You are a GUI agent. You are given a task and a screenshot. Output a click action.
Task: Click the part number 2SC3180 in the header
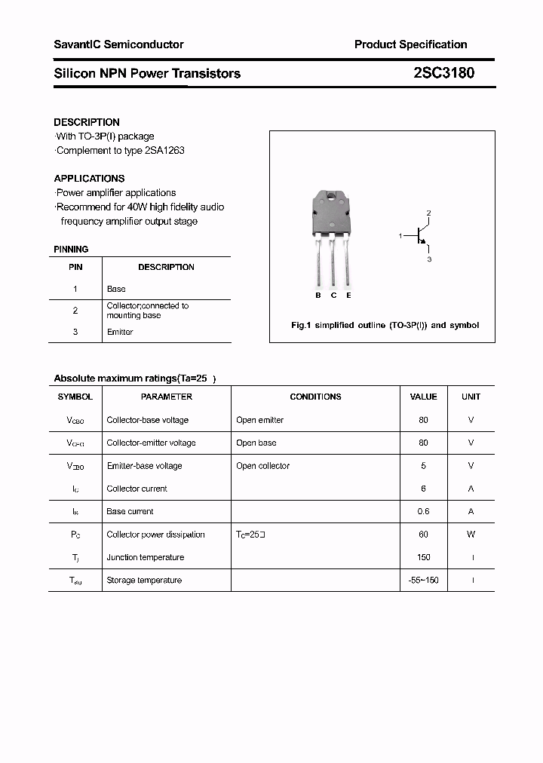tap(443, 73)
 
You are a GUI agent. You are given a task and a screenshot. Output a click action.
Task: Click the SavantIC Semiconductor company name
tap(118, 44)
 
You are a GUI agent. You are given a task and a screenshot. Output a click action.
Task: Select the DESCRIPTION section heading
tap(87, 122)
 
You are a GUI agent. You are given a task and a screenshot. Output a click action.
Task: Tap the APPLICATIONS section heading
tap(89, 179)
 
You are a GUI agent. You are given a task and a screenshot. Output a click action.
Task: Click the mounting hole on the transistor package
tap(333, 199)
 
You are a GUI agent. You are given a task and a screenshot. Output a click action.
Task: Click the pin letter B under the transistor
tap(318, 296)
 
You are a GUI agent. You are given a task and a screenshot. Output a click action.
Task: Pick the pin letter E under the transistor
tap(348, 296)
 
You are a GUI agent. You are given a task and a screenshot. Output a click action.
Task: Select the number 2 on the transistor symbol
tap(428, 213)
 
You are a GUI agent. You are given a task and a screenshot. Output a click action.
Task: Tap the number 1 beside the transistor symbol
tap(400, 237)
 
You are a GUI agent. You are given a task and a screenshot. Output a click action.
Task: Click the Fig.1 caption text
tap(385, 326)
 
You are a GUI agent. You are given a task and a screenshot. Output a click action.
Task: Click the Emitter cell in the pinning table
tap(120, 332)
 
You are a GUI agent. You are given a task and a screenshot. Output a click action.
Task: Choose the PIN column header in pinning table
tap(75, 267)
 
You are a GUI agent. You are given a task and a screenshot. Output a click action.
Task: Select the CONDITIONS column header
tap(315, 397)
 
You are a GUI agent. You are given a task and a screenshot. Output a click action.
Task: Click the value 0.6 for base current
tap(423, 511)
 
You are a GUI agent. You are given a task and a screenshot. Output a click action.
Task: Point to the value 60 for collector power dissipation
tap(423, 535)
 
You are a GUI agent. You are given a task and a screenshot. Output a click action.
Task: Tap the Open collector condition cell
tap(262, 466)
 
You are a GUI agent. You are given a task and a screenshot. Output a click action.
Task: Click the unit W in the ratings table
tap(471, 535)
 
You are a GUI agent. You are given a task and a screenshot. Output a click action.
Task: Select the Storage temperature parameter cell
tap(144, 580)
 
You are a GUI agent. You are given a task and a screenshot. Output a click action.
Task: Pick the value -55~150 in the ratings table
tap(423, 580)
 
